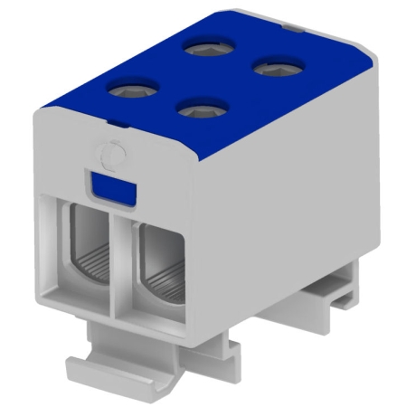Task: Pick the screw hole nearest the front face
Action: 195,108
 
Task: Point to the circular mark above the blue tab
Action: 109,155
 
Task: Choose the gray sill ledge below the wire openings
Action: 127,321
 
